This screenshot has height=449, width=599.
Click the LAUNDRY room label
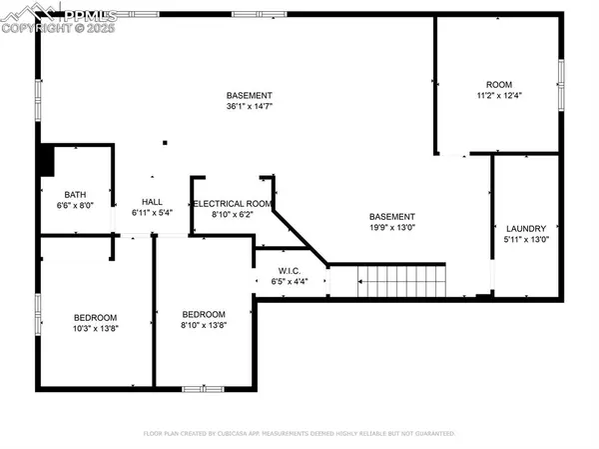coord(526,228)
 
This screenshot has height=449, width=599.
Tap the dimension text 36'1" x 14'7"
coord(249,106)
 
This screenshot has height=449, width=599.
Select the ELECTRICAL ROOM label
coord(232,203)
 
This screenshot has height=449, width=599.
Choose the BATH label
coord(75,195)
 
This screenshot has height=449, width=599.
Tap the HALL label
coord(152,201)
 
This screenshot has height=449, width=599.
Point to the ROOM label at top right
coord(498,84)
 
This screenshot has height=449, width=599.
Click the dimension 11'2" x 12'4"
coord(498,95)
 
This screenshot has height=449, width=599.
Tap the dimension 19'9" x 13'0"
coord(391,228)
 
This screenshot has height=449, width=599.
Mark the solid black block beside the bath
coord(44,160)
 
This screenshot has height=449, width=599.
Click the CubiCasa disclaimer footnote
coord(299,434)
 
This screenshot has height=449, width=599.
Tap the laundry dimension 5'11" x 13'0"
coord(526,239)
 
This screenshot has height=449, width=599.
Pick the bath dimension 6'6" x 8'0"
coord(75,206)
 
